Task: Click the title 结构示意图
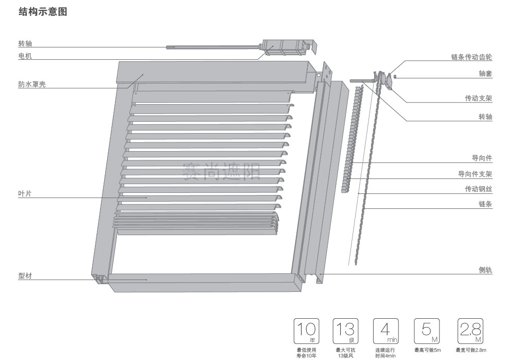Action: point(43,12)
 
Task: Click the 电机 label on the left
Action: point(25,56)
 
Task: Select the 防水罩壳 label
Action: point(32,84)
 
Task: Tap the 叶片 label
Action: point(25,193)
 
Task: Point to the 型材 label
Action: point(25,276)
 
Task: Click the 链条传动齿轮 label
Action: point(471,57)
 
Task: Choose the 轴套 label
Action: point(485,74)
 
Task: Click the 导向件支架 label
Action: point(475,174)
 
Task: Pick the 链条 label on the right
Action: point(485,204)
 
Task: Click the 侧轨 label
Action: point(485,270)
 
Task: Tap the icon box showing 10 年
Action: point(306,331)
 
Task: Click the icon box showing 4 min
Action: point(385,331)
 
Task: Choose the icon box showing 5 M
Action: point(427,331)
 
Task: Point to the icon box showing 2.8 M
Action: point(470,331)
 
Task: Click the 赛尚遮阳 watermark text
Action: point(222,171)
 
